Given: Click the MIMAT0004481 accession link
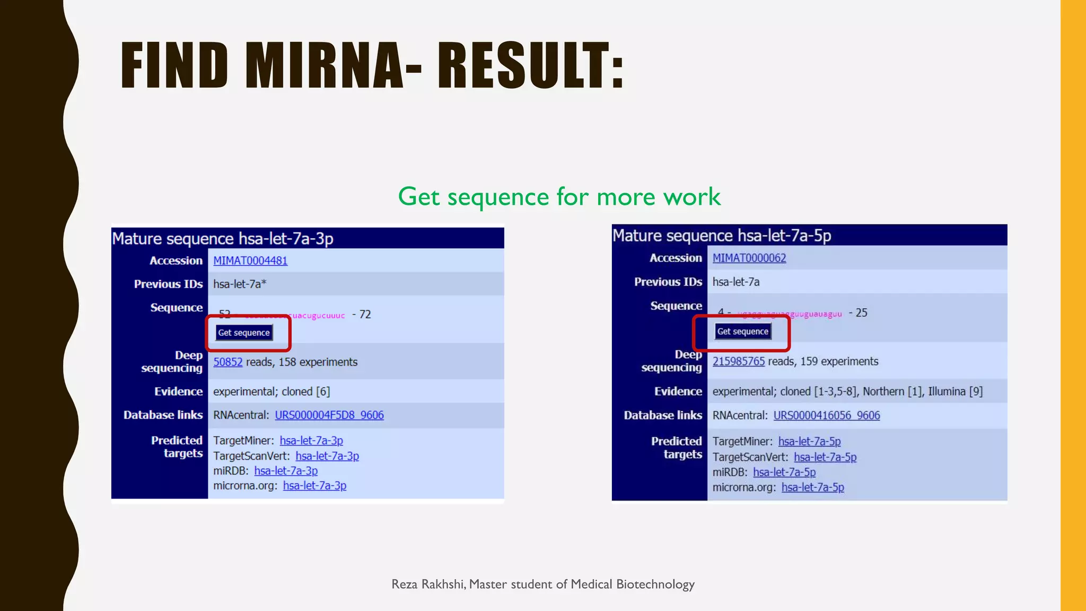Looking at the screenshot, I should (250, 261).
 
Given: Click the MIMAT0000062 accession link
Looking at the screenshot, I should (749, 258).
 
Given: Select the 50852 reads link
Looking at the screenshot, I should (228, 362).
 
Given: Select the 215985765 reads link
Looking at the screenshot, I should (739, 362).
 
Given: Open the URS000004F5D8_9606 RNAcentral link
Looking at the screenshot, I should (329, 415).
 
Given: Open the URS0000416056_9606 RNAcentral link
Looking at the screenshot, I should (827, 416).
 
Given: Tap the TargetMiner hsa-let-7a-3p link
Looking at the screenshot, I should (311, 441).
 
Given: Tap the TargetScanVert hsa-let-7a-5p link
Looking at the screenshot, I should (825, 457).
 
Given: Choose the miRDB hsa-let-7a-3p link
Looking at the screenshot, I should (286, 471).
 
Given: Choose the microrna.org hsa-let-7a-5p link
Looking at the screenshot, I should (813, 487).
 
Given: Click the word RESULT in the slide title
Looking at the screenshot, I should (530, 66).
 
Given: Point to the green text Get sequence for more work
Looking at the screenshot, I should (559, 197).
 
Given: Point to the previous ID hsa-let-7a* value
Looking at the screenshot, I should (240, 284).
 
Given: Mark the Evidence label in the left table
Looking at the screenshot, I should (178, 392).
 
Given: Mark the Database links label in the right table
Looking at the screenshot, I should (663, 416).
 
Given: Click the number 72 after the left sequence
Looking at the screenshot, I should (365, 315).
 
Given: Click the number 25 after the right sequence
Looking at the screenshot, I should (862, 313).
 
